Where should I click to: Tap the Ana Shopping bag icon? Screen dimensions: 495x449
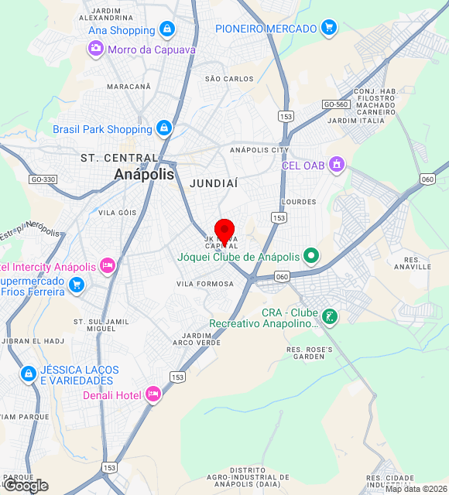click(166, 29)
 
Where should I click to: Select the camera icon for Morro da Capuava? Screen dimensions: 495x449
click(96, 49)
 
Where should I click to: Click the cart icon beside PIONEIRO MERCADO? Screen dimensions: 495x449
click(330, 28)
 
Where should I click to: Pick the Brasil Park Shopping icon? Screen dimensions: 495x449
click(163, 128)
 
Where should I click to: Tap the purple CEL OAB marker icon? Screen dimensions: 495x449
click(336, 164)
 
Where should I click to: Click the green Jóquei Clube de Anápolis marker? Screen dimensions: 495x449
click(311, 255)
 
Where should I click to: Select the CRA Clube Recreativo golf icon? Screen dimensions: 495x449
click(330, 316)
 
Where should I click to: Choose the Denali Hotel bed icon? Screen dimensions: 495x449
click(153, 395)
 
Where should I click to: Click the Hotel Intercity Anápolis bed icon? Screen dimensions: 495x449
click(108, 267)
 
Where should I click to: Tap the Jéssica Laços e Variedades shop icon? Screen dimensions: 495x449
click(29, 374)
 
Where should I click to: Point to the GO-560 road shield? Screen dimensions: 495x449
click(336, 104)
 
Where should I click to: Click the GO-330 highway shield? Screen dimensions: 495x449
click(43, 179)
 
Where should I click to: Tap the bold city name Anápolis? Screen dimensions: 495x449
click(144, 175)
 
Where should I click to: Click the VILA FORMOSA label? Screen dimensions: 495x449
click(205, 284)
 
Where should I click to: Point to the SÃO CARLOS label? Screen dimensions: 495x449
click(229, 79)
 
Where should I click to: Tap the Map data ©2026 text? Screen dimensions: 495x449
click(416, 489)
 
